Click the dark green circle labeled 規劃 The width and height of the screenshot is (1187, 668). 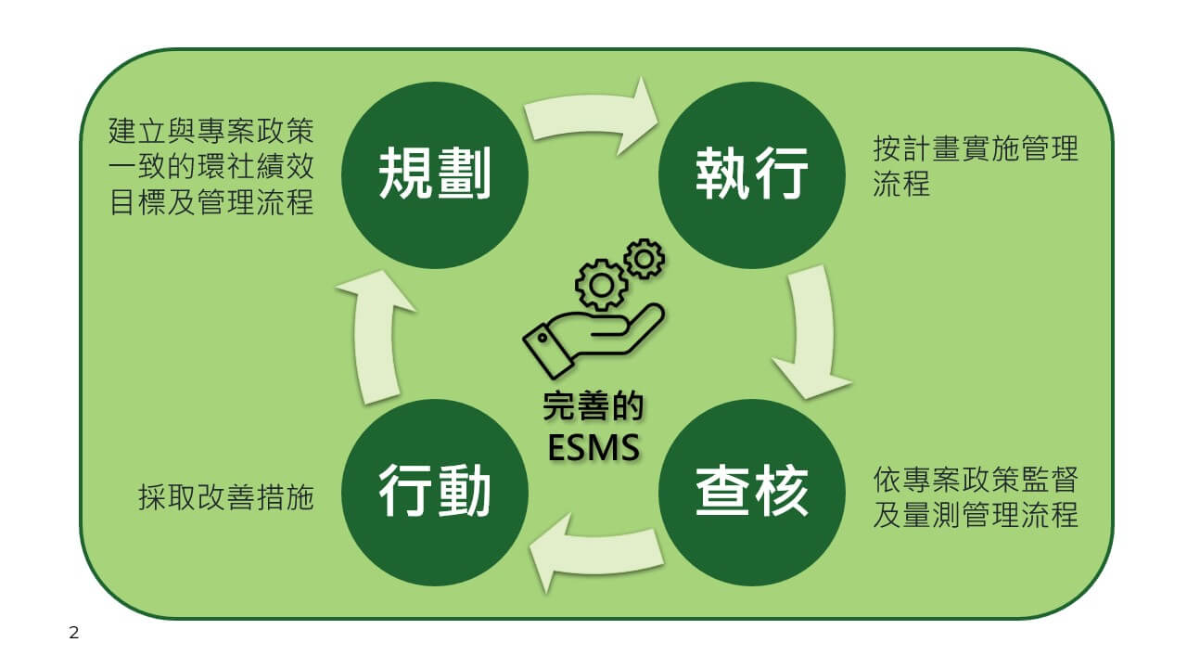[435, 175]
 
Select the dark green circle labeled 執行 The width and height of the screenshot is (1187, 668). [752, 175]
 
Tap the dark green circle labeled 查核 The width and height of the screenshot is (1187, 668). [752, 493]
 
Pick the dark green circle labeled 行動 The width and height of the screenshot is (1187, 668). [435, 493]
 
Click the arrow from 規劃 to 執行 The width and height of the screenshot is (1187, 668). [588, 114]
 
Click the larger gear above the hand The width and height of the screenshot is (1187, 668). [601, 285]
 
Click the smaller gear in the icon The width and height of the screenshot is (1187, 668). [644, 259]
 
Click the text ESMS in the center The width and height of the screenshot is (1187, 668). [593, 448]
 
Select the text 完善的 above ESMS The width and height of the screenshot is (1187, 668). [593, 407]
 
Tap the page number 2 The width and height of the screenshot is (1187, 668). [73, 633]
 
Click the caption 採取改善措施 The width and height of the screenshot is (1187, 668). [226, 497]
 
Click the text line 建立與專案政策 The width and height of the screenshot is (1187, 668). [211, 131]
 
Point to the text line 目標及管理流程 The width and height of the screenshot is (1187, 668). [211, 202]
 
